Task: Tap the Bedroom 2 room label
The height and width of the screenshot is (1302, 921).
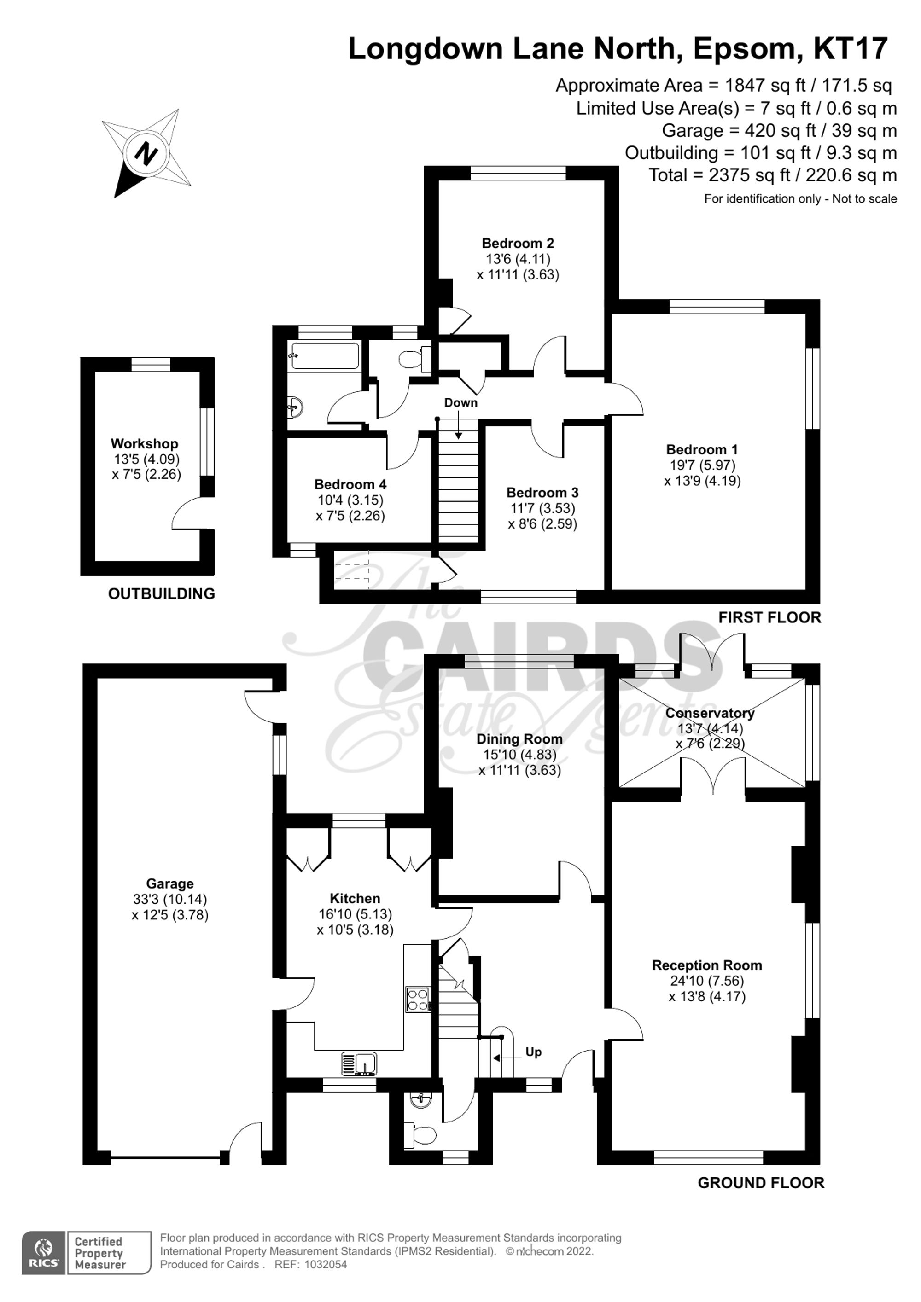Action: tap(517, 243)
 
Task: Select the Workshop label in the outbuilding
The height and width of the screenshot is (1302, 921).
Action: tap(144, 443)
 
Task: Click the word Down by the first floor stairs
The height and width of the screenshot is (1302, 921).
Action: tap(460, 403)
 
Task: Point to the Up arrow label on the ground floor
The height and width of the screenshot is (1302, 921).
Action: tap(533, 1052)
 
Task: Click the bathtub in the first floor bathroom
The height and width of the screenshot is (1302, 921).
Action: tap(325, 355)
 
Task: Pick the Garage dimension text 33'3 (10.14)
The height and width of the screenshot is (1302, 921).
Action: tap(169, 899)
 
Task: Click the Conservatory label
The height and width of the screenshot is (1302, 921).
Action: tap(710, 713)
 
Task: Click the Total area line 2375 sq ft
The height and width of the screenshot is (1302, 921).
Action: tap(772, 175)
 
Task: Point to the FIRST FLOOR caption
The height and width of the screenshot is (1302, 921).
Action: tap(769, 617)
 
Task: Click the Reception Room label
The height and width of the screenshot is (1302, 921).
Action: tap(706, 965)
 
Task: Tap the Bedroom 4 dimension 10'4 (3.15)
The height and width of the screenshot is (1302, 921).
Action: tap(350, 500)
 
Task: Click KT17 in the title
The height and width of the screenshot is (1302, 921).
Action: tap(850, 49)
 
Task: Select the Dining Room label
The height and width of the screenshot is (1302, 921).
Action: tap(519, 739)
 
